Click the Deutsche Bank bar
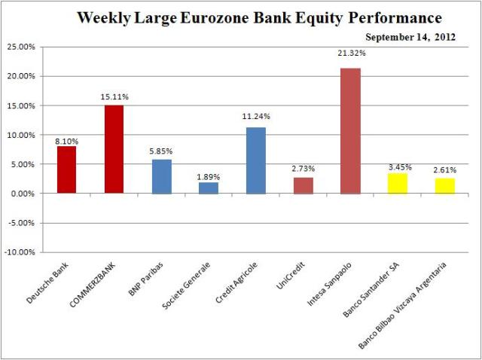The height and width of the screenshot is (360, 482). (x=66, y=169)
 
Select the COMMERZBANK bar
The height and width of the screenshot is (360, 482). (x=114, y=149)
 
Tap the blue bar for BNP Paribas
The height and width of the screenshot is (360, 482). (x=161, y=176)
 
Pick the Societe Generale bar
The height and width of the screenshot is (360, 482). (x=209, y=188)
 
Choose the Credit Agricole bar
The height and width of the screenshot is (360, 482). (x=256, y=160)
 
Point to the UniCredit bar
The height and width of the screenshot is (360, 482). (x=304, y=185)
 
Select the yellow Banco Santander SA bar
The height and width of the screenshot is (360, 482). (x=398, y=183)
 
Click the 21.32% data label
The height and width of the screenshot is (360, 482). (x=351, y=53)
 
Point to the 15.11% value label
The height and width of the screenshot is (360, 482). (x=114, y=96)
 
